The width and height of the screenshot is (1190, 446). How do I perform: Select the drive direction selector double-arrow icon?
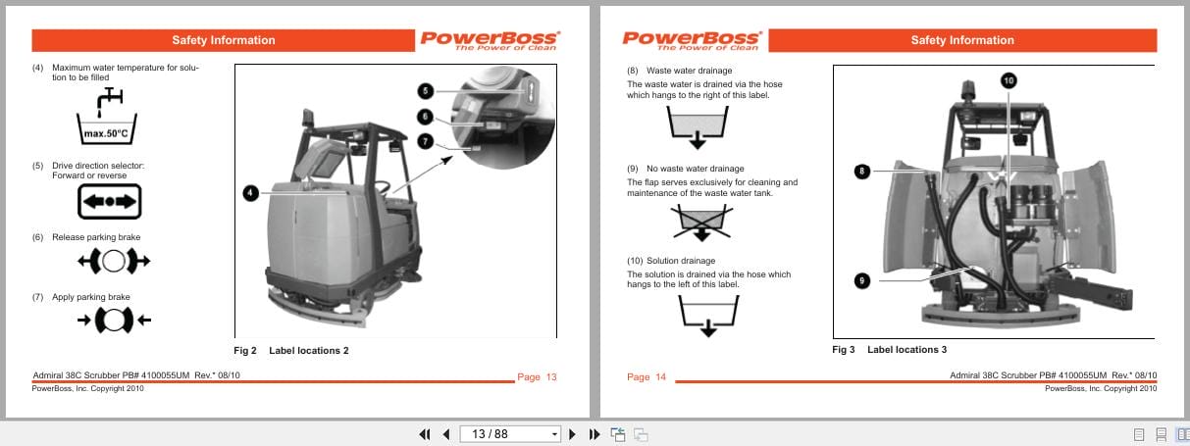click(x=110, y=201)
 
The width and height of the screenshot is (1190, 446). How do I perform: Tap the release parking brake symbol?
click(x=113, y=262)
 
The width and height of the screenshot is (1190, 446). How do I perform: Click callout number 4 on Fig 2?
click(x=251, y=194)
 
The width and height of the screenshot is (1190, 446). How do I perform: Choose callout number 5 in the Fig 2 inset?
click(x=425, y=90)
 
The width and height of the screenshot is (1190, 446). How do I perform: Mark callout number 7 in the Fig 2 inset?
click(x=425, y=141)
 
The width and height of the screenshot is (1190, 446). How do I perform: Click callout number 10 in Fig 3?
click(x=1008, y=79)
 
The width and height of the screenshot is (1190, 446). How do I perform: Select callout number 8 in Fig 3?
click(x=861, y=172)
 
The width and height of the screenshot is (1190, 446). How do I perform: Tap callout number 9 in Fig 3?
click(x=861, y=280)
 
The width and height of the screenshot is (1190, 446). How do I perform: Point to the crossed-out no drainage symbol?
click(x=700, y=222)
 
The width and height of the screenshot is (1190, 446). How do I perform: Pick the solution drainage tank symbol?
click(x=705, y=314)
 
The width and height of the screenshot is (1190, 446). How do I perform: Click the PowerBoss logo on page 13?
click(x=490, y=40)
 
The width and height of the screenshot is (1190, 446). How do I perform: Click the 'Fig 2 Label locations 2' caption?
click(x=290, y=350)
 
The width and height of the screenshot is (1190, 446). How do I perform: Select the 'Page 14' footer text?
click(x=646, y=377)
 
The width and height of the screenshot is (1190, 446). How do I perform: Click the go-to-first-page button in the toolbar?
click(x=425, y=434)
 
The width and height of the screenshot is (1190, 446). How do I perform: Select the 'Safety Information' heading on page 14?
click(x=961, y=40)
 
